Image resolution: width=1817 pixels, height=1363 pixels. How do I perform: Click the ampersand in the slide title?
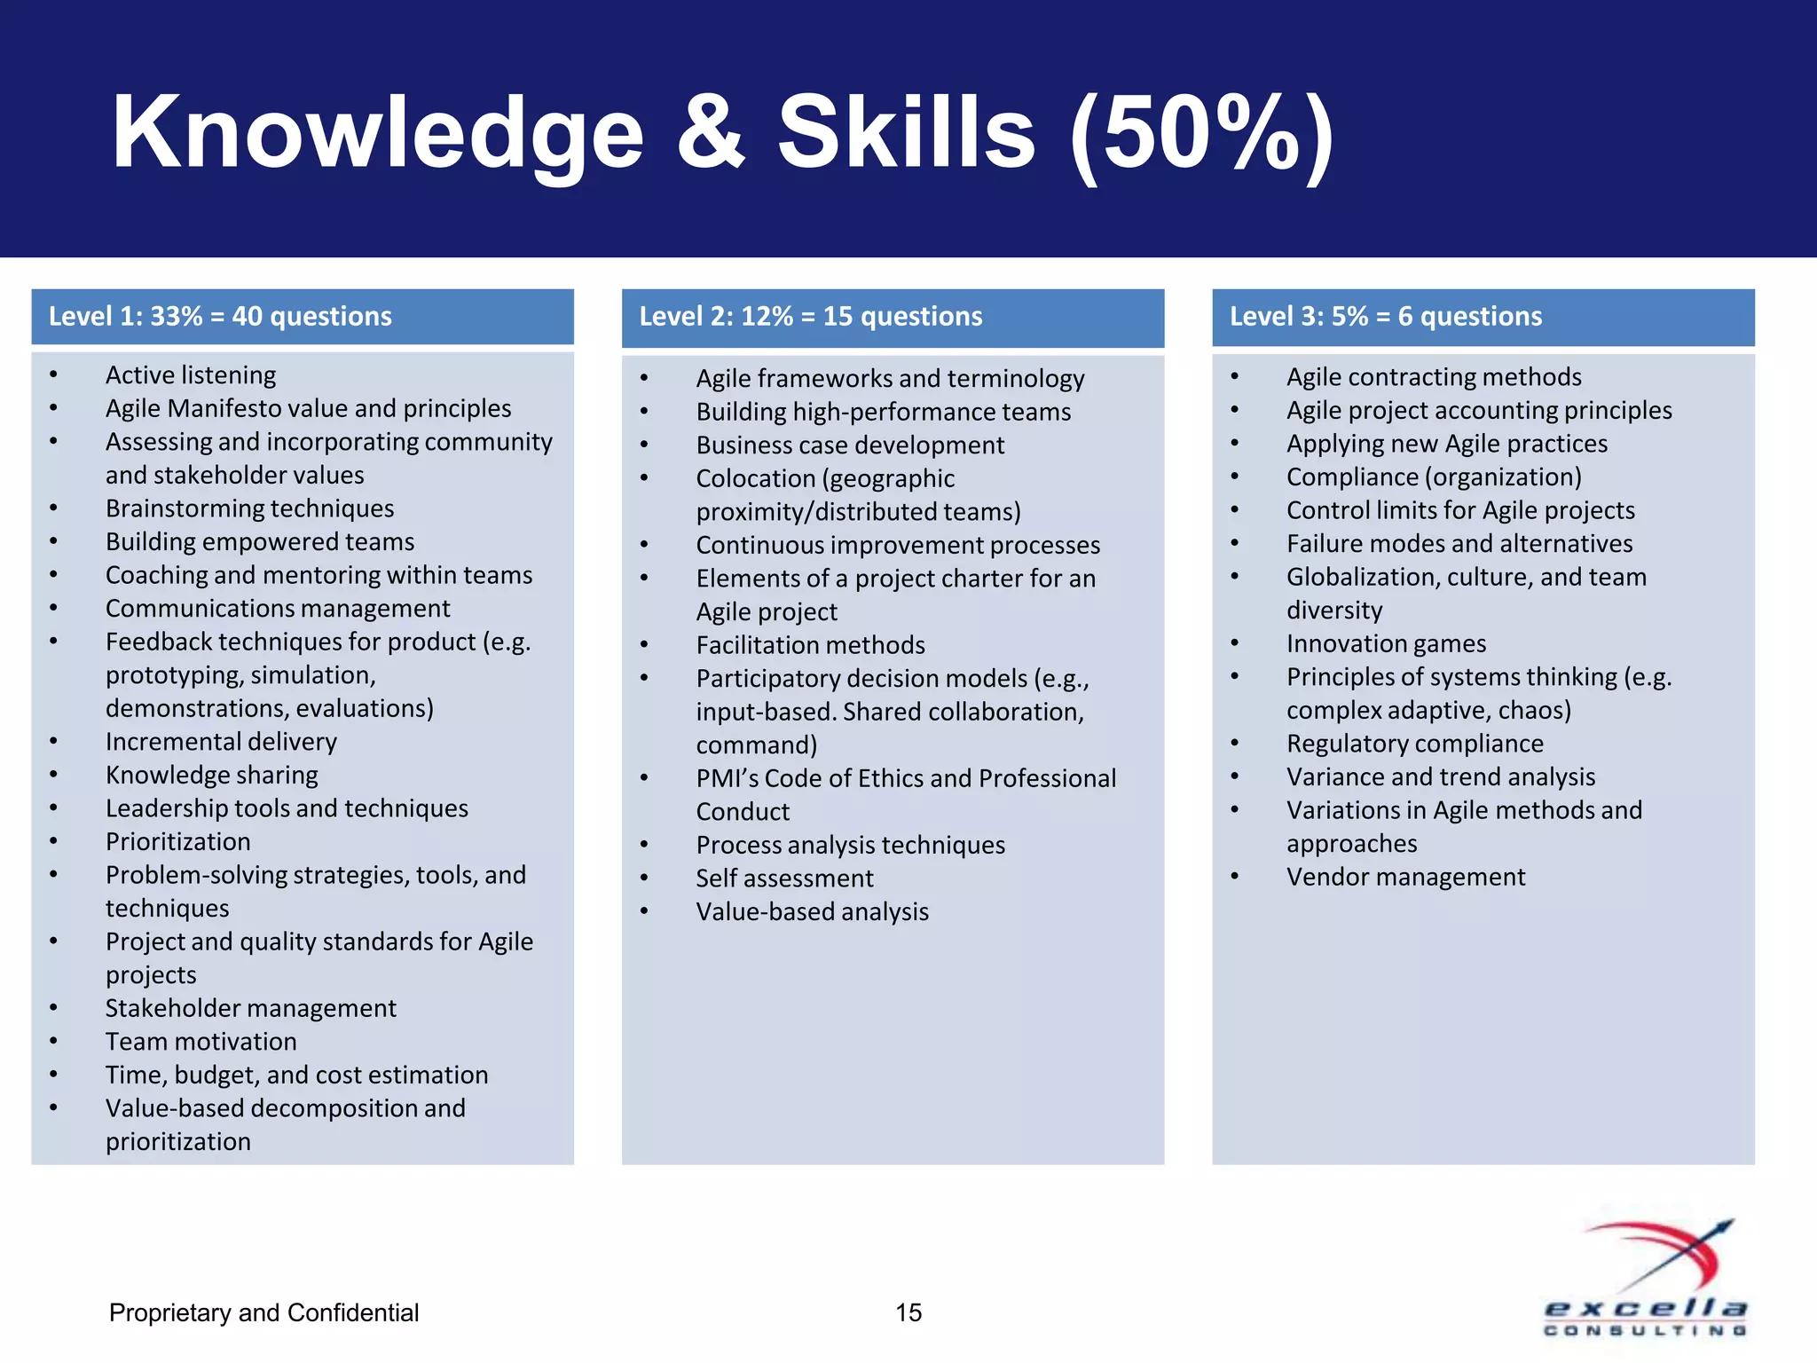click(x=711, y=133)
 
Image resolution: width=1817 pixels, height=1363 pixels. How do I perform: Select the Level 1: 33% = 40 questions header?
click(x=220, y=317)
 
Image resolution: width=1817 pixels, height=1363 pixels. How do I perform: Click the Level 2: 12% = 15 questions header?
click(x=810, y=317)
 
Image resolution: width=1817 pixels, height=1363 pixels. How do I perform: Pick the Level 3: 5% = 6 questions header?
click(x=1385, y=317)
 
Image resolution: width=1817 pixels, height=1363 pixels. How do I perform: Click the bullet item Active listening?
click(x=191, y=375)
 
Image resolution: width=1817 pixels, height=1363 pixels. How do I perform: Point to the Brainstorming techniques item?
click(x=249, y=508)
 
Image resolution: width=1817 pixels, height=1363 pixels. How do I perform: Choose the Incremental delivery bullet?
click(x=221, y=742)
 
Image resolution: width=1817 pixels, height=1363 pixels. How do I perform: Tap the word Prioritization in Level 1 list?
click(x=177, y=842)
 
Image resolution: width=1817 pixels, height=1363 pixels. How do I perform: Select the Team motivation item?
click(x=201, y=1042)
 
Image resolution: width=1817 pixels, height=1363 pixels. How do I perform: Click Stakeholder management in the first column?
click(x=250, y=1008)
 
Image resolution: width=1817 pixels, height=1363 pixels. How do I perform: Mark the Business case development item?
click(x=850, y=445)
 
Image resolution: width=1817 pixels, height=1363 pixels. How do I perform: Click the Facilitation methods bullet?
click(x=810, y=645)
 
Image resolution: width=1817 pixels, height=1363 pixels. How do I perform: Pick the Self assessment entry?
click(x=784, y=878)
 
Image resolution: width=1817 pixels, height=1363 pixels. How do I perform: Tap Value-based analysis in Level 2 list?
click(x=812, y=912)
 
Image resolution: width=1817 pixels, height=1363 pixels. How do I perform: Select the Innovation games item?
click(x=1386, y=644)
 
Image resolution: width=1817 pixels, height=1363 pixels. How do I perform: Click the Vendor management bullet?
click(x=1405, y=878)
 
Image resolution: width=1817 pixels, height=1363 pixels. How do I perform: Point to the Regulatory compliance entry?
click(x=1414, y=744)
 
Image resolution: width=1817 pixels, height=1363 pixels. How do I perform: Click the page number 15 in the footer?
click(x=908, y=1312)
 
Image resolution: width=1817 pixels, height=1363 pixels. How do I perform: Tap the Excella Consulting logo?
click(x=1646, y=1278)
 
